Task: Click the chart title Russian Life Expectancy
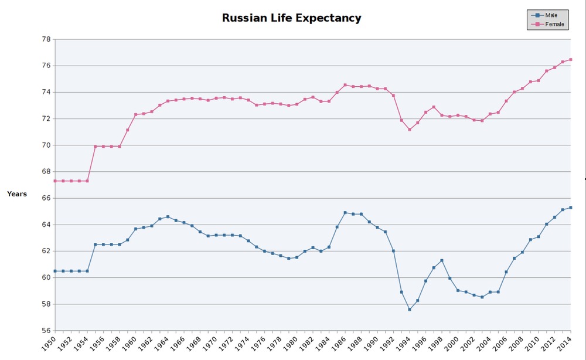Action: [x=291, y=18]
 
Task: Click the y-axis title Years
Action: [x=17, y=194]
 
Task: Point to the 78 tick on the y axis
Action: [x=46, y=39]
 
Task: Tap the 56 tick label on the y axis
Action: [x=46, y=331]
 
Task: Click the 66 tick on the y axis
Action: [x=46, y=198]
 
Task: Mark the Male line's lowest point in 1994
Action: [x=410, y=310]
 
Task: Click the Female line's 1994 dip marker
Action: [x=410, y=130]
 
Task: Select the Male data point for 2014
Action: [x=571, y=208]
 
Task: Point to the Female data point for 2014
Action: [x=571, y=59]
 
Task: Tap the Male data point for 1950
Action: [x=55, y=271]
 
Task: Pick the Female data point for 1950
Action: [x=55, y=181]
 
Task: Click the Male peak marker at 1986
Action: [x=345, y=213]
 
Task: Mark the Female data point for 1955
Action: [x=96, y=147]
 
